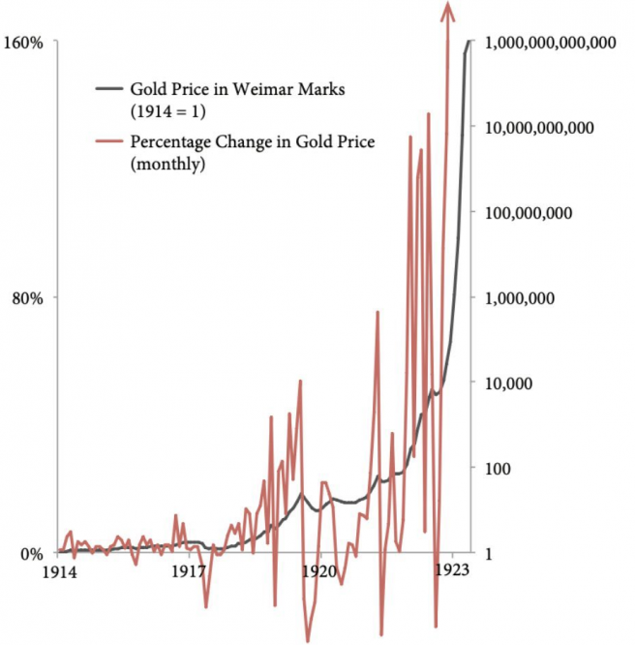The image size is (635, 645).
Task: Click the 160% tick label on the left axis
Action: [27, 43]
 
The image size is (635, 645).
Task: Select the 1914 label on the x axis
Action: [60, 572]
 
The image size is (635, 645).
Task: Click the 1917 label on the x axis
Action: [191, 572]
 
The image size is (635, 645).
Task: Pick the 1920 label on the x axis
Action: [319, 572]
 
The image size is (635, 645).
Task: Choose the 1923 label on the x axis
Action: [452, 572]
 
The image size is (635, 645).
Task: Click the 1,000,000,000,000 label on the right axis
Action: [550, 43]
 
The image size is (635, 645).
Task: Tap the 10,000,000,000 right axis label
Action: [538, 128]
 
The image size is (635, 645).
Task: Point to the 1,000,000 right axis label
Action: [519, 298]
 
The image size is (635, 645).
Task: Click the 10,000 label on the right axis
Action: [509, 384]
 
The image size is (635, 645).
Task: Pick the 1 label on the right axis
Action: [490, 554]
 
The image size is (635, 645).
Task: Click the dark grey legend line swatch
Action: [108, 89]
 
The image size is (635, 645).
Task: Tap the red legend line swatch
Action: [108, 143]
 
